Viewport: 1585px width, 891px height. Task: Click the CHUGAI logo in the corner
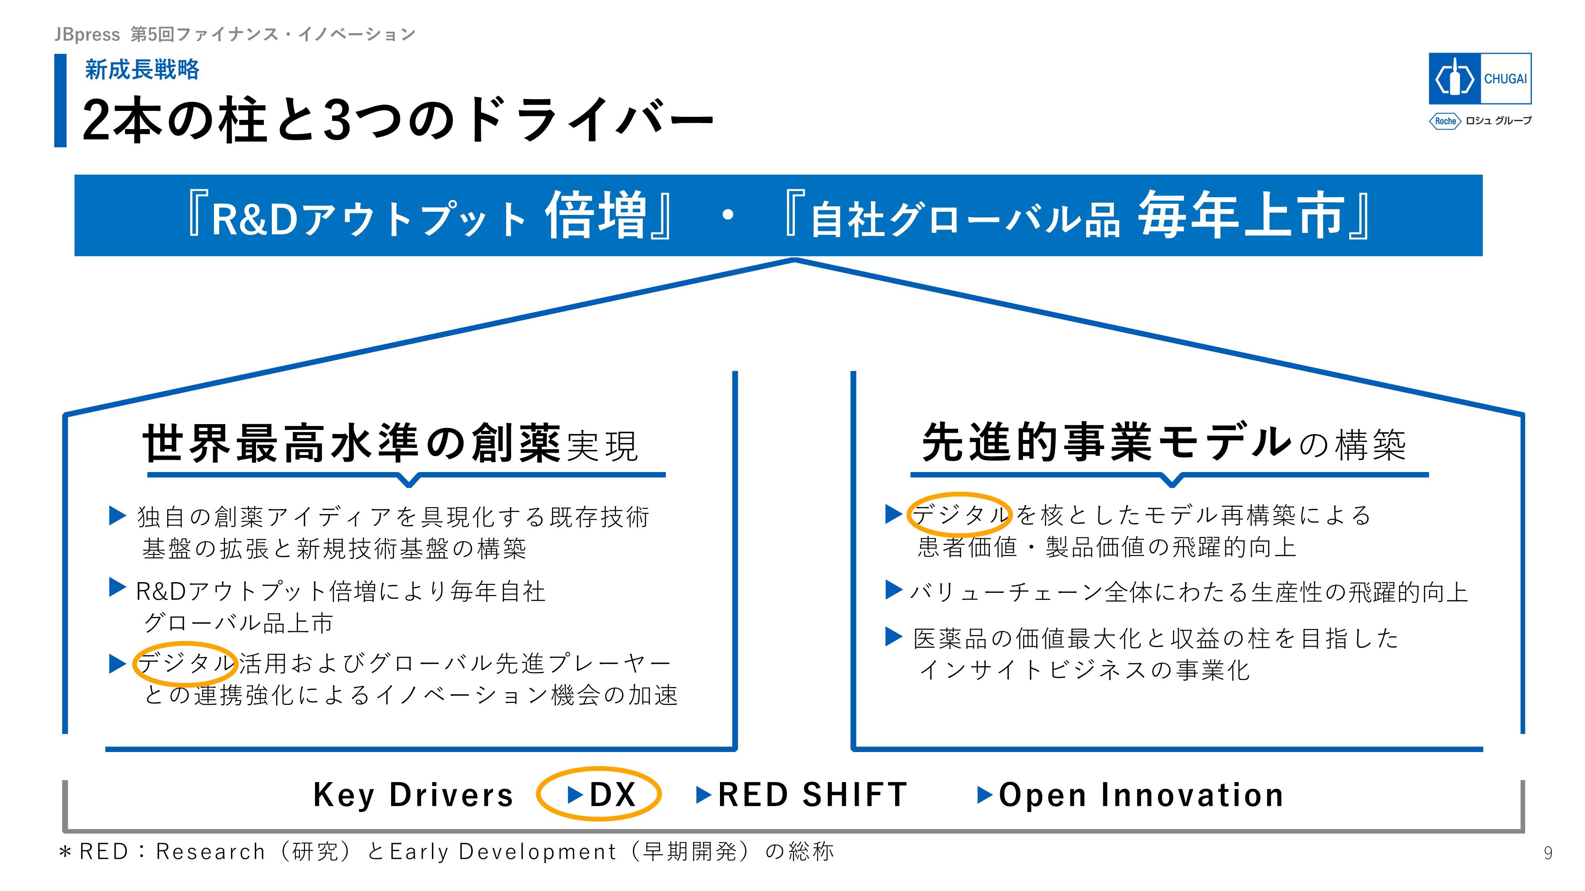tap(1479, 79)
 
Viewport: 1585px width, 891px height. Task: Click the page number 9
tap(1548, 853)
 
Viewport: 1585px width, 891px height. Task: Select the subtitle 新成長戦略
tap(142, 69)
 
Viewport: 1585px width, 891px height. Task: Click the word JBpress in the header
tap(87, 34)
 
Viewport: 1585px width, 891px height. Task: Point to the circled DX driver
tap(599, 794)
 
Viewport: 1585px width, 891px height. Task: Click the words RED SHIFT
tap(812, 794)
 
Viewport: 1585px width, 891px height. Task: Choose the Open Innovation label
tap(1141, 794)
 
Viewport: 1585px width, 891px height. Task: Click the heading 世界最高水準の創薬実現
tap(390, 443)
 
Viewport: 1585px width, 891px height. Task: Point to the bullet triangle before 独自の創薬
tap(118, 515)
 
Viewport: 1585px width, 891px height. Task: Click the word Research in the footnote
tap(210, 852)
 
